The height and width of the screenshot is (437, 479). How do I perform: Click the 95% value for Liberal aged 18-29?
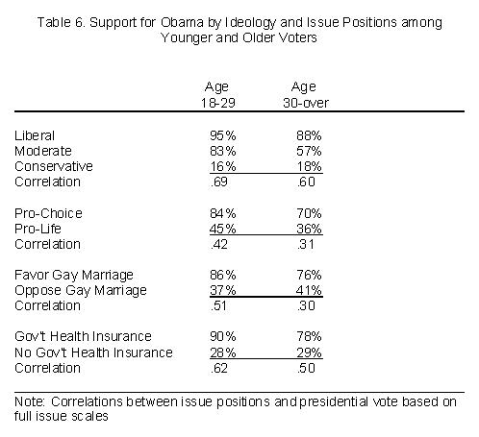[x=223, y=135]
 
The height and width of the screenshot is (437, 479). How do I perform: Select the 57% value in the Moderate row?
[x=309, y=151]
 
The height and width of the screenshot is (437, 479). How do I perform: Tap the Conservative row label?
[x=54, y=166]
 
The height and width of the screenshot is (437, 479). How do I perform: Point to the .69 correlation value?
[x=219, y=182]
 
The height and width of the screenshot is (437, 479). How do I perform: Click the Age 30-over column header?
[x=305, y=94]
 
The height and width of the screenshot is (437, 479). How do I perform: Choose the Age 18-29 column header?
[x=218, y=94]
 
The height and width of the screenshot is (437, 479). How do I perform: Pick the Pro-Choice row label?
[x=48, y=213]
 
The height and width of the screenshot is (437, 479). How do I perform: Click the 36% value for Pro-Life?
[x=309, y=229]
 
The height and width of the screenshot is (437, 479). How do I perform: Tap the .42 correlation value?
[x=219, y=244]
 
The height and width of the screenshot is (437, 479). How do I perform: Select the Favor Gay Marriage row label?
[x=74, y=275]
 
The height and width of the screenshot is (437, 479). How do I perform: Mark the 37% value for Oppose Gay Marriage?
[x=223, y=290]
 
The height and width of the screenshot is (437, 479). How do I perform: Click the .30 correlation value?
[x=306, y=305]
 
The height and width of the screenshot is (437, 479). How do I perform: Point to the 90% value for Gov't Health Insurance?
[x=223, y=336]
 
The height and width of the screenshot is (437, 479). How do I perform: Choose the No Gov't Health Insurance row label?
[x=93, y=352]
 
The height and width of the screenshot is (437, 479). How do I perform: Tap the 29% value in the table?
[x=309, y=352]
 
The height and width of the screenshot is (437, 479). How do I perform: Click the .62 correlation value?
[x=219, y=368]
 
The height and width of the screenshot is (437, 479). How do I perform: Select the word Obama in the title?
[x=182, y=22]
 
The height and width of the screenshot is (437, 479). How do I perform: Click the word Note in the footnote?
[x=30, y=401]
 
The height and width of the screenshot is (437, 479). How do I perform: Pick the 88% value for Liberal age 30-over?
[x=309, y=135]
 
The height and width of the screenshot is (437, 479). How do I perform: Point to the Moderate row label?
[x=43, y=151]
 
